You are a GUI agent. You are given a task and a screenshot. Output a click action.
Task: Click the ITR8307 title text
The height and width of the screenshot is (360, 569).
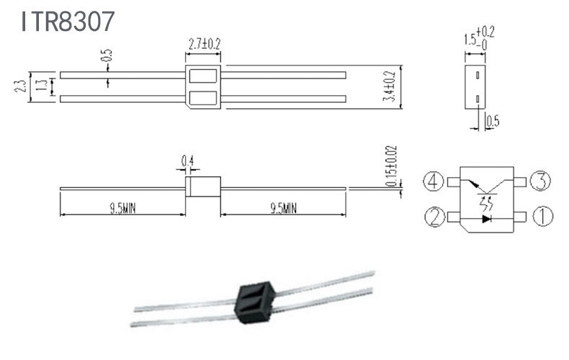point(68,21)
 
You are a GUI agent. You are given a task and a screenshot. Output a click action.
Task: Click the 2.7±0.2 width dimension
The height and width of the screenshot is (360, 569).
point(204,44)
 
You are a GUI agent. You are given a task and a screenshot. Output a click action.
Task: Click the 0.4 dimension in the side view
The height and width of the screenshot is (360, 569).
point(187,161)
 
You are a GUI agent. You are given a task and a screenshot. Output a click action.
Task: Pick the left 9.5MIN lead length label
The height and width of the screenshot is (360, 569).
point(122,209)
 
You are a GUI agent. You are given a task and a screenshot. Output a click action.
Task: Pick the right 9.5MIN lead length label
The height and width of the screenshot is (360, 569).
point(283,209)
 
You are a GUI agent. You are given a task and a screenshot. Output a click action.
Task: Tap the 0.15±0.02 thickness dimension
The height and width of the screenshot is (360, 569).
point(391,166)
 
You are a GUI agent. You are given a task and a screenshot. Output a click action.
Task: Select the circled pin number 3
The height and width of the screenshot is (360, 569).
point(539,181)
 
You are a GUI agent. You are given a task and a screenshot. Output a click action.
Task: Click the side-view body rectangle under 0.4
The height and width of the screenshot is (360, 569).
point(203,186)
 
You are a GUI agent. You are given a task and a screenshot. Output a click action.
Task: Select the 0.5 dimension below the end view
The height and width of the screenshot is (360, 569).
point(493,121)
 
